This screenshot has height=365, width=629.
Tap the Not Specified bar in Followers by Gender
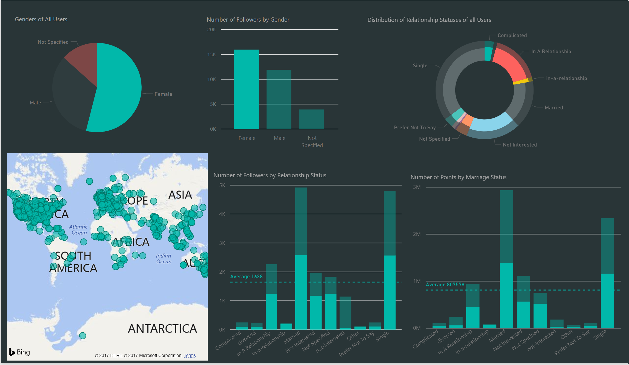pyautogui.click(x=311, y=119)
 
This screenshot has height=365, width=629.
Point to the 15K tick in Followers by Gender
pyautogui.click(x=212, y=55)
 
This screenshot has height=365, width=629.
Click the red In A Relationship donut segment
pyautogui.click(x=509, y=64)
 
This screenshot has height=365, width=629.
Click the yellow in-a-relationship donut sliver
pyautogui.click(x=521, y=81)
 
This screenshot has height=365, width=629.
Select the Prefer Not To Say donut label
pyautogui.click(x=415, y=128)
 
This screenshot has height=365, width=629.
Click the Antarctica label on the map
pyautogui.click(x=162, y=329)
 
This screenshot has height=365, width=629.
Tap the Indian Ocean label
pyautogui.click(x=164, y=259)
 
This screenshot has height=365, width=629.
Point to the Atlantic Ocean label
pyautogui.click(x=78, y=230)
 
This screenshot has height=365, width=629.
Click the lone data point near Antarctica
pyautogui.click(x=82, y=336)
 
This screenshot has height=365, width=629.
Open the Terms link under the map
pyautogui.click(x=190, y=356)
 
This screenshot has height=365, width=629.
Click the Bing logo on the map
pyautogui.click(x=20, y=352)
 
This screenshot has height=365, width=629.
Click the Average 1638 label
pyautogui.click(x=246, y=277)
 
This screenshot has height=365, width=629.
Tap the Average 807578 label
pyautogui.click(x=445, y=285)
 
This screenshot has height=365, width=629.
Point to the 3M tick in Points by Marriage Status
pyautogui.click(x=417, y=187)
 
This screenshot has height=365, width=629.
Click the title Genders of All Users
pyautogui.click(x=41, y=19)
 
